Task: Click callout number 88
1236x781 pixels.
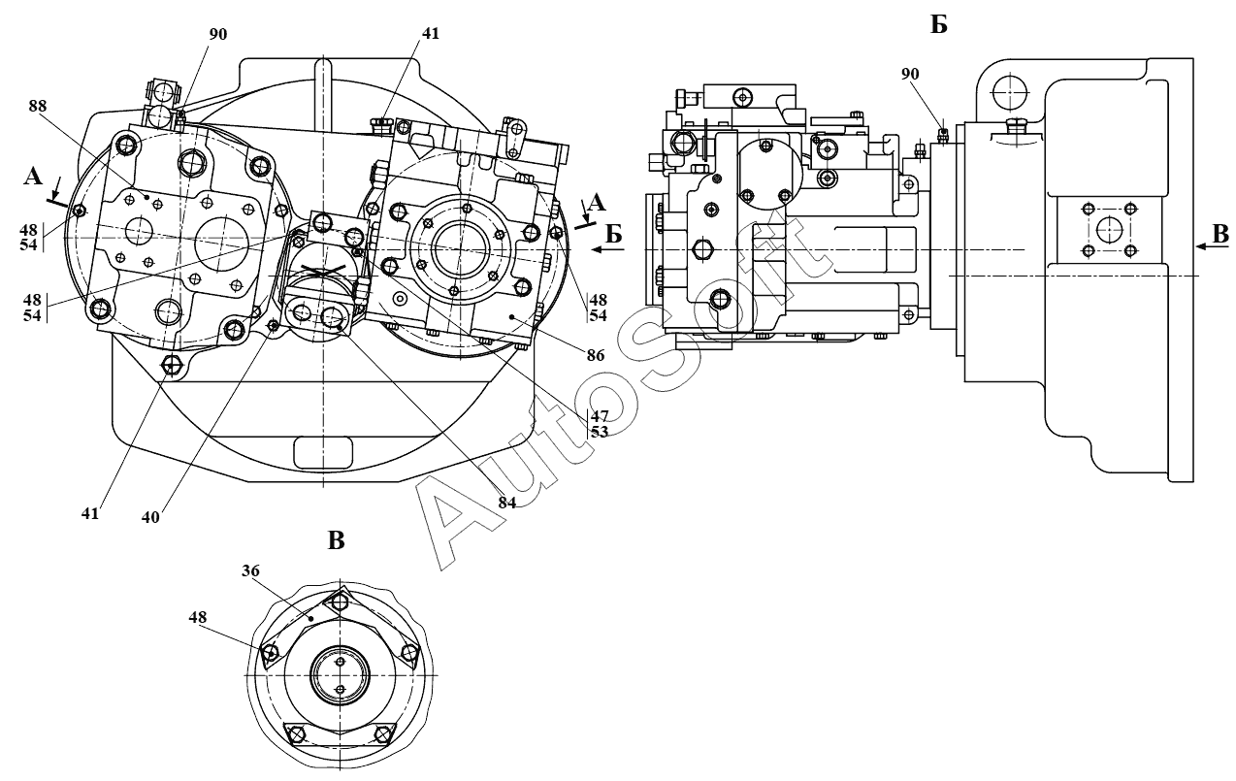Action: (38, 106)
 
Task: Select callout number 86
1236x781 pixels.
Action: (596, 355)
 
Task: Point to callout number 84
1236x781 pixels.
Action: (507, 503)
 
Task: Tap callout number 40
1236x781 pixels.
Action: (150, 517)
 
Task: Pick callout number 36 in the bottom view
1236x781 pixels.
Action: (250, 570)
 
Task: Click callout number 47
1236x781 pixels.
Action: (600, 415)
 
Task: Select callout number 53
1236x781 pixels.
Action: (600, 431)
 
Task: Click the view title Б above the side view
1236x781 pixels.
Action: (938, 24)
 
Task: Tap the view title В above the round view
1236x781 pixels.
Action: (336, 541)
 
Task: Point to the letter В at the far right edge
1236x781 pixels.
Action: (1221, 234)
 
